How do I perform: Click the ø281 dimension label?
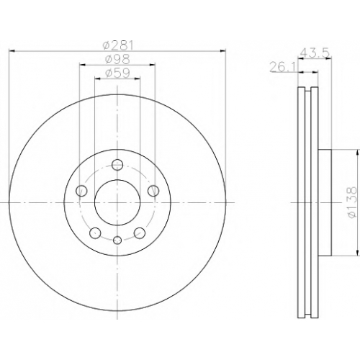pyautogui.click(x=117, y=45)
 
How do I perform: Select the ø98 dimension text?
pyautogui.click(x=117, y=59)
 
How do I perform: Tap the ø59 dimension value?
pyautogui.click(x=117, y=73)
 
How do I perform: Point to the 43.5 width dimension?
pyautogui.click(x=315, y=53)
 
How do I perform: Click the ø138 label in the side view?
pyautogui.click(x=352, y=203)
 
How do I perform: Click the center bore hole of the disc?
pyautogui.click(x=117, y=202)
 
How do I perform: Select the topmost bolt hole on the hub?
pyautogui.click(x=117, y=165)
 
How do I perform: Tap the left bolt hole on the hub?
pyautogui.click(x=81, y=191)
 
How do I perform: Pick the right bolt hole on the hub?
pyautogui.click(x=153, y=191)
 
